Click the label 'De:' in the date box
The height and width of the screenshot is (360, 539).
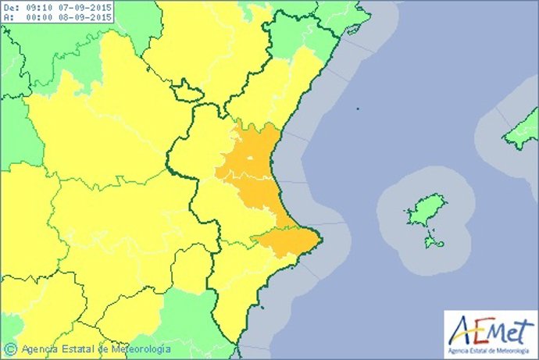pos(10,7)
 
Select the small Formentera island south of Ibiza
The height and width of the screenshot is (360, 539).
pos(434,243)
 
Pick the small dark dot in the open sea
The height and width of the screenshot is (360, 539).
pos(356,109)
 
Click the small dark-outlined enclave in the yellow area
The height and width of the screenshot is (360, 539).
pos(187,94)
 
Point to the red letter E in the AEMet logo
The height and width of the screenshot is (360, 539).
pos(477,326)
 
